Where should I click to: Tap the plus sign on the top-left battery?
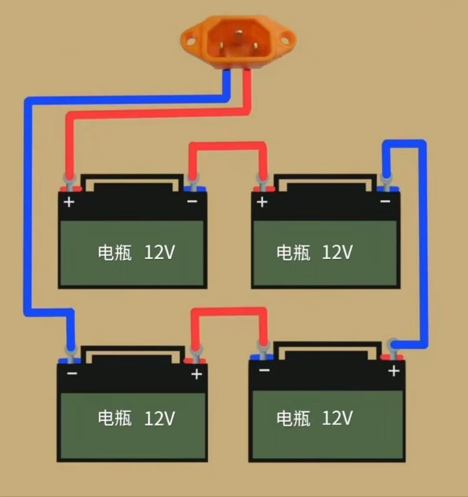tap(69, 203)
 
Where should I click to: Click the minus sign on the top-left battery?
tap(192, 202)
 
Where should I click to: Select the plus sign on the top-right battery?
tap(262, 203)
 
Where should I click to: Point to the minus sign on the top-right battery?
tap(385, 201)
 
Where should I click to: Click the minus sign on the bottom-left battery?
tap(72, 374)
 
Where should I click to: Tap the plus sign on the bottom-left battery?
tap(197, 374)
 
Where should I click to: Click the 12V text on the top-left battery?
tap(159, 253)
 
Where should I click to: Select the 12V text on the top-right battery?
tap(338, 253)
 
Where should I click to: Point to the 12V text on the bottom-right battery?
tap(338, 417)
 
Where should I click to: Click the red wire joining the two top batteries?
tap(228, 146)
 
